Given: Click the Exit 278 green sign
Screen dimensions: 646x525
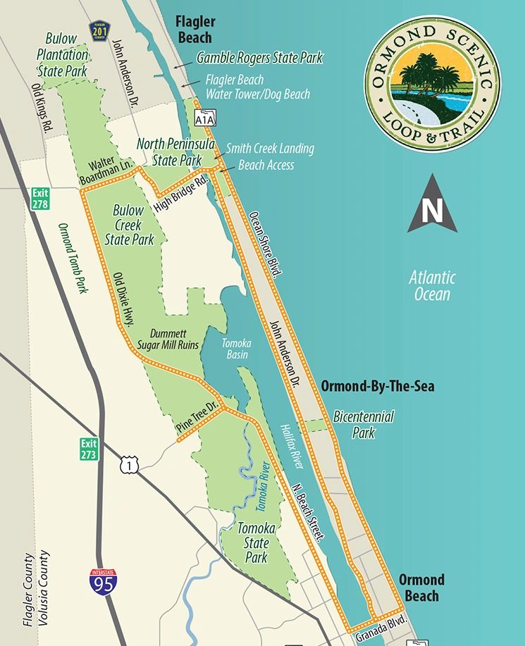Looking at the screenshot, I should coord(39,198).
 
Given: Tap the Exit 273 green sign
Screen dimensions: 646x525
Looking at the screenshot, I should coord(87,449).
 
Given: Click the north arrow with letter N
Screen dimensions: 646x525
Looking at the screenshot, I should coord(432,205).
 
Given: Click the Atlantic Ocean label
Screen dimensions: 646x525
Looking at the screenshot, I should coord(432,285).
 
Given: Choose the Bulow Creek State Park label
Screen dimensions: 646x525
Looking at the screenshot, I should coord(129,225).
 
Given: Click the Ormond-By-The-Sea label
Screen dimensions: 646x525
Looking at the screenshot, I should coord(377,386).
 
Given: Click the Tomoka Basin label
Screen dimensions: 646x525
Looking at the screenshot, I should coord(235,349).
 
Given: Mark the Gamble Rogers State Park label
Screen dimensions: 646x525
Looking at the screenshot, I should coord(259,59).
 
